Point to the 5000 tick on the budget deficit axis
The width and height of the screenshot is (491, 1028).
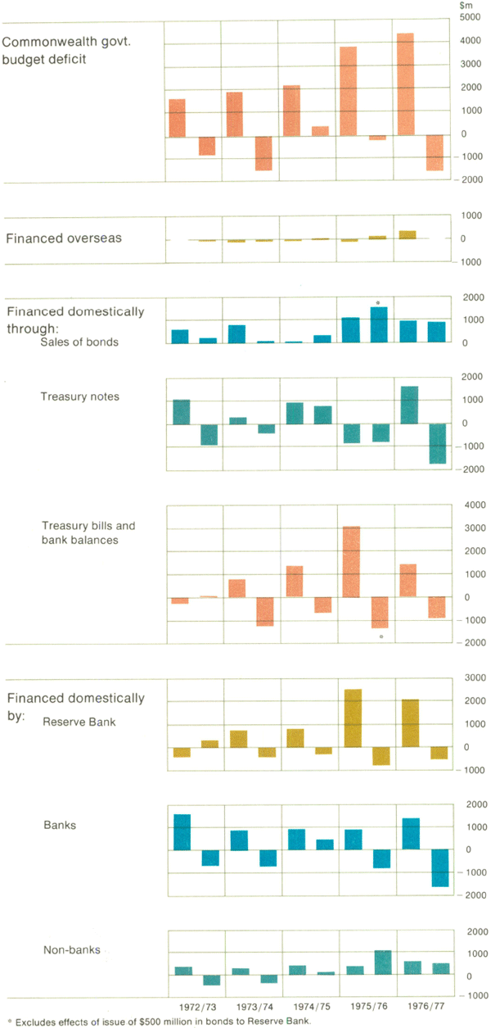(468, 17)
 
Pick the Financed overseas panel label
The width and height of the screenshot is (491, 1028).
(64, 238)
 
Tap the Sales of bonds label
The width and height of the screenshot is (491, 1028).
(79, 342)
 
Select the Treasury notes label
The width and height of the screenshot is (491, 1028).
(80, 396)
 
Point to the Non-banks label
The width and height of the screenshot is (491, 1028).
(71, 950)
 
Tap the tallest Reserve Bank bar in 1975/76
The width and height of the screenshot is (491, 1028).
(350, 718)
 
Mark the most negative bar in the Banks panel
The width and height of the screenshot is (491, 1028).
(440, 868)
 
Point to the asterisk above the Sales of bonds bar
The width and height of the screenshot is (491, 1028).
(378, 303)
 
